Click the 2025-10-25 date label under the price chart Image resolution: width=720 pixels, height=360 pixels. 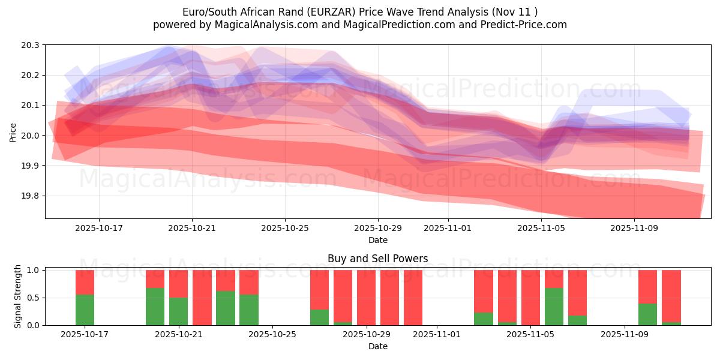(285, 228)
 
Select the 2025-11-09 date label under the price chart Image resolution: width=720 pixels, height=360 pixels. (634, 228)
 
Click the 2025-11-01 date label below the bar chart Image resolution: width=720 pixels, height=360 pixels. (437, 334)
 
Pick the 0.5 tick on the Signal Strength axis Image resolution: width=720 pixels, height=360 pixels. (33, 298)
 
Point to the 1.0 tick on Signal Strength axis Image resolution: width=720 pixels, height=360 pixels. (33, 270)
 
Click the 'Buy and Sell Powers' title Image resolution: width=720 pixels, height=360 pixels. (377, 259)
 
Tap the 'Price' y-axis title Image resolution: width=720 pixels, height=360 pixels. (13, 132)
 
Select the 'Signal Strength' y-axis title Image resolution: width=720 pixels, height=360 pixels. (18, 296)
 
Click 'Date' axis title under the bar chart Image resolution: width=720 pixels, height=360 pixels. (377, 346)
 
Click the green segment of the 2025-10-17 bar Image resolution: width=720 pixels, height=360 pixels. (85, 310)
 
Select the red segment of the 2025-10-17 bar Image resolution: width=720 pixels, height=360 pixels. (85, 282)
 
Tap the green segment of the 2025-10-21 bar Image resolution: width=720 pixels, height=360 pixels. (178, 311)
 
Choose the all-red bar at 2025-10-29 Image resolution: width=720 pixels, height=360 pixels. (366, 298)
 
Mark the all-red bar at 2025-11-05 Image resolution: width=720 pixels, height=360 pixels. (530, 298)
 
